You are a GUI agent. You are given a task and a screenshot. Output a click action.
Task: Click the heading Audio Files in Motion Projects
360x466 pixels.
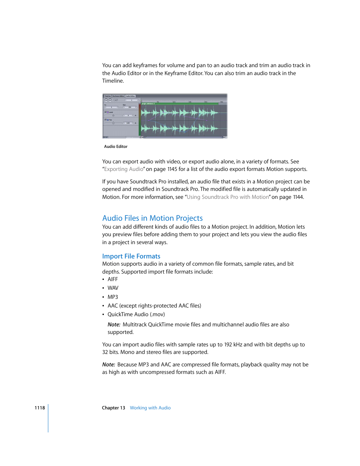[152, 218]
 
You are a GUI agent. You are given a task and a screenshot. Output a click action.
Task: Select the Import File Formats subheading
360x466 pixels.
[131, 256]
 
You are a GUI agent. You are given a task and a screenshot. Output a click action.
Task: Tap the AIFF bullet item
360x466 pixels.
[112, 279]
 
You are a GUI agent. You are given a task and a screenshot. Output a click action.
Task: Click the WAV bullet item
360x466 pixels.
[113, 288]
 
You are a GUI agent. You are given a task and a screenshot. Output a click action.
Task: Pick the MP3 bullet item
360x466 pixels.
[112, 297]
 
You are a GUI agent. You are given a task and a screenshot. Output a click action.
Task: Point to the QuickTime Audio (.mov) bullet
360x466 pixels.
[136, 314]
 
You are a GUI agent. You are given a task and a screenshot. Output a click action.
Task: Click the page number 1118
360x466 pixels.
[40, 408]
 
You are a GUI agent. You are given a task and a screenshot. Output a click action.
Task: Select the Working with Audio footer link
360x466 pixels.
[150, 408]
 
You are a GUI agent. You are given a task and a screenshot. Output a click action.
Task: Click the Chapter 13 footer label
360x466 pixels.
[113, 408]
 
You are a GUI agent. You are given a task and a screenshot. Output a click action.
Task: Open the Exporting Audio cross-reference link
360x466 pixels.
[124, 169]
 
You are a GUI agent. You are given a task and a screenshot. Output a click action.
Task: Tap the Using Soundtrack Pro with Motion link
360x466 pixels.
[228, 197]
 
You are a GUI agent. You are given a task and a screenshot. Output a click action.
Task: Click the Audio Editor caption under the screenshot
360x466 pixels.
[116, 146]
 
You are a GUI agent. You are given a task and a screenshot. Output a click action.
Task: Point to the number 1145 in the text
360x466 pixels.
[172, 169]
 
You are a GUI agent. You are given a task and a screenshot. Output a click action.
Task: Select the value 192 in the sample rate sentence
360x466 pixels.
[228, 345]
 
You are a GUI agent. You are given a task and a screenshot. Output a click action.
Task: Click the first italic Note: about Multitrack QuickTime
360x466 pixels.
[114, 325]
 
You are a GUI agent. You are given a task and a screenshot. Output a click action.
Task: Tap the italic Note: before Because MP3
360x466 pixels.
[108, 364]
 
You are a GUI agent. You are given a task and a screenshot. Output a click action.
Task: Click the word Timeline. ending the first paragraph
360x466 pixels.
[113, 81]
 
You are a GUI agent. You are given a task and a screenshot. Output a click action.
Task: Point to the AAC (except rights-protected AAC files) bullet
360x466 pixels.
[154, 306]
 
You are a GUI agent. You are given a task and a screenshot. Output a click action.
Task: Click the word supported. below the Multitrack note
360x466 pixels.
[120, 332]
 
